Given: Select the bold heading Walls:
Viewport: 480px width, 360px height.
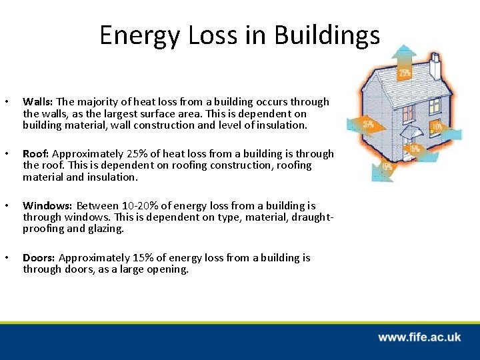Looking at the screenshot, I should click(x=38, y=102).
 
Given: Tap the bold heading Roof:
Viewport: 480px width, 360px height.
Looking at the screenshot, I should click(x=36, y=154).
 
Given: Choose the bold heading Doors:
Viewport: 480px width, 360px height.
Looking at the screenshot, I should click(x=39, y=258).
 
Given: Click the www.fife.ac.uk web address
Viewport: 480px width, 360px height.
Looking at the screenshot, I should click(x=419, y=337).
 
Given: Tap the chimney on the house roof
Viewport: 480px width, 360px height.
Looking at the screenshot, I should click(x=435, y=65).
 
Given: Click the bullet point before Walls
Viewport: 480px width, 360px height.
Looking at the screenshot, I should click(x=6, y=103).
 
